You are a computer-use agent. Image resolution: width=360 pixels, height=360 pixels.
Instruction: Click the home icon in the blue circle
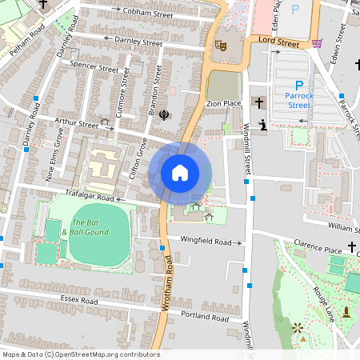(x=180, y=173)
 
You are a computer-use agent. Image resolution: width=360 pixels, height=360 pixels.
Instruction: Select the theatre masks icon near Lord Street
(x=222, y=46)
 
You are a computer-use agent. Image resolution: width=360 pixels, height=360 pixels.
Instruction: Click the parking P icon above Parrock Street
(x=299, y=86)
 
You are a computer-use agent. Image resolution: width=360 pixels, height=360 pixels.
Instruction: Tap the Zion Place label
(x=223, y=104)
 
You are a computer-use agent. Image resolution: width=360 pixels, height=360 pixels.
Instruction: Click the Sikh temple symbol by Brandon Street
(x=165, y=114)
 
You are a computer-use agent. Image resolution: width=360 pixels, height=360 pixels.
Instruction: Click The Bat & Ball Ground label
(x=90, y=226)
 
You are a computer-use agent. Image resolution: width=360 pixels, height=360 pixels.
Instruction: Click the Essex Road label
(x=78, y=301)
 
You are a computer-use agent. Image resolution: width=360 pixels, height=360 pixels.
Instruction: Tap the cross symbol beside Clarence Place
(x=351, y=246)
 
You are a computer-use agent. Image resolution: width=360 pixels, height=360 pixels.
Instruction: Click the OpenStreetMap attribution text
(x=81, y=354)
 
